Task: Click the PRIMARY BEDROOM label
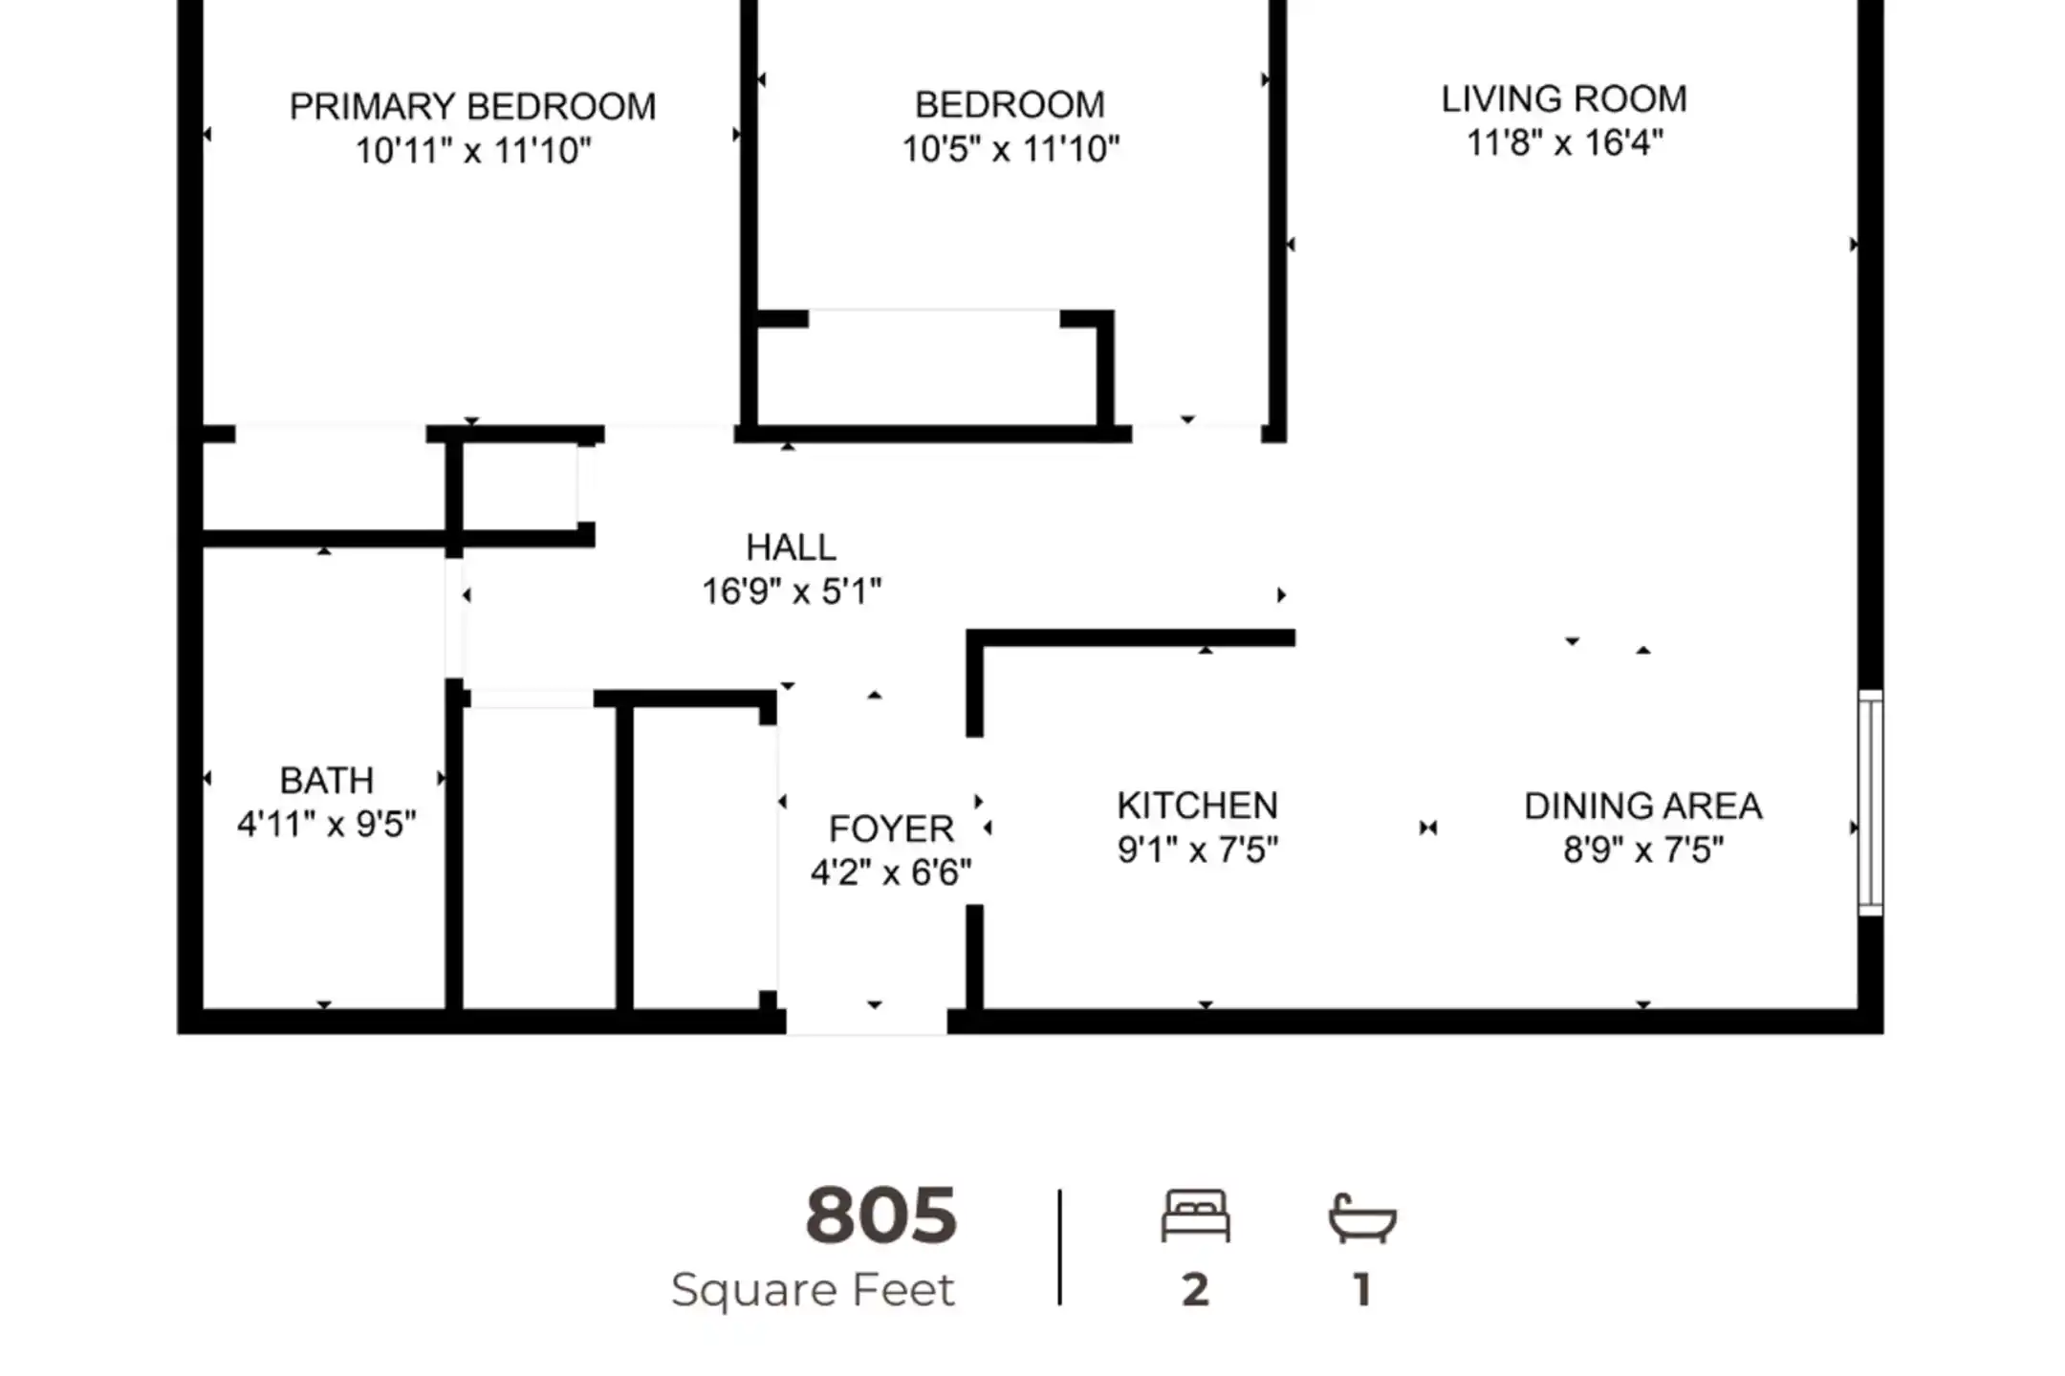[x=473, y=106]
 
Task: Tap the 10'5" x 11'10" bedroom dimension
[x=1011, y=149]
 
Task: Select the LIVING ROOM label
[x=1564, y=98]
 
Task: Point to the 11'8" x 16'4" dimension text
[x=1565, y=143]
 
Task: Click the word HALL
[x=791, y=548]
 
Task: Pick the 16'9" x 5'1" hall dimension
[x=792, y=591]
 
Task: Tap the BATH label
[x=326, y=781]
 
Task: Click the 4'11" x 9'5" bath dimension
[x=326, y=824]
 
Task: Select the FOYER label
[x=891, y=828]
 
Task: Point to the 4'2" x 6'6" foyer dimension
[x=891, y=872]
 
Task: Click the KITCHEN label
[x=1197, y=806]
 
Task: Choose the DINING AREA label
[x=1642, y=806]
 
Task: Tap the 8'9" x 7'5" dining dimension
[x=1642, y=849]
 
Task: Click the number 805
[x=880, y=1215]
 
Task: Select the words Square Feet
[x=813, y=1290]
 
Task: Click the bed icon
[x=1195, y=1215]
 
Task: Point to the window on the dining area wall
[x=1871, y=803]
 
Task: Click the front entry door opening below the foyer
[x=867, y=1021]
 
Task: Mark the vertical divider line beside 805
[x=1059, y=1247]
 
